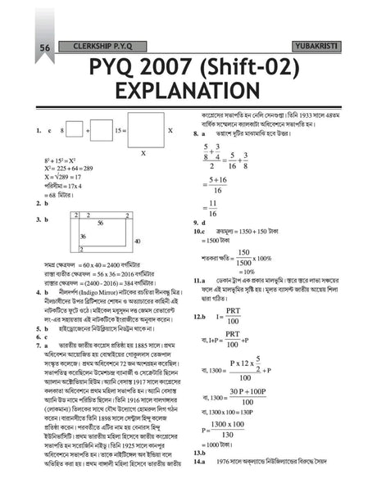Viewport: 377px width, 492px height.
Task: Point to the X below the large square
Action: [x=144, y=153]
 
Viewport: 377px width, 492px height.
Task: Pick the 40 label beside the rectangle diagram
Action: [x=137, y=241]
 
